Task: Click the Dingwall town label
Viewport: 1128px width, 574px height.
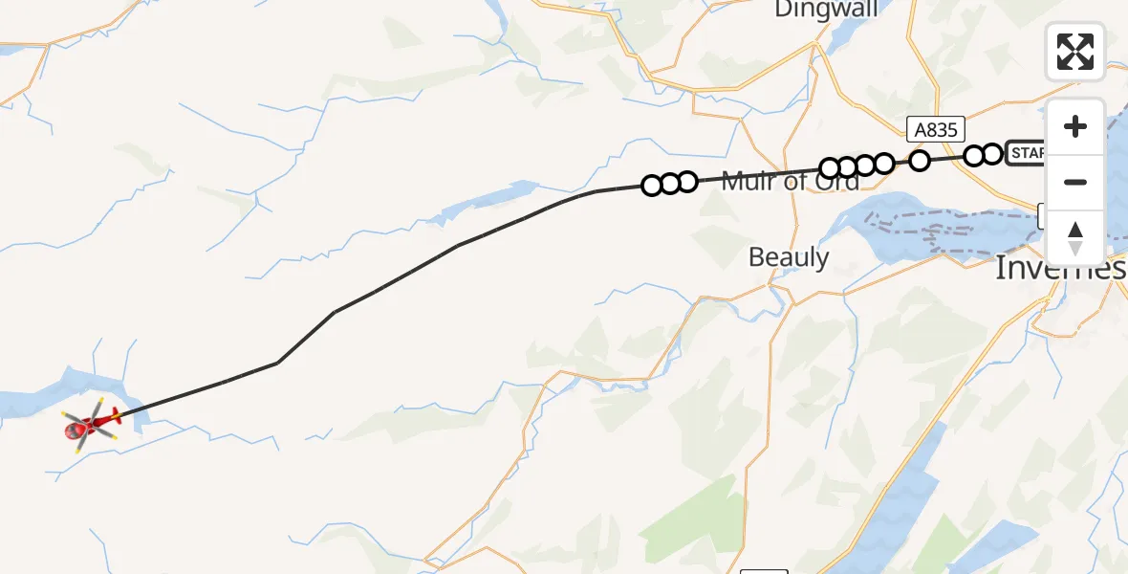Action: point(828,10)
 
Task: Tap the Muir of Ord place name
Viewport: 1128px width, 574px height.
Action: point(790,182)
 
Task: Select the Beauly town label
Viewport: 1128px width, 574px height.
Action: point(789,257)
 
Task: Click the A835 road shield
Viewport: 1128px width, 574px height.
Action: point(937,130)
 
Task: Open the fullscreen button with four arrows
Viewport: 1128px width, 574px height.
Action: point(1074,52)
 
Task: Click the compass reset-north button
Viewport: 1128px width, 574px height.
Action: point(1074,237)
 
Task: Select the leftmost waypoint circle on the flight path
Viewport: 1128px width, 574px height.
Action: point(652,186)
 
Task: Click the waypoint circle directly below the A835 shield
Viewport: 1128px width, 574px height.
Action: point(920,160)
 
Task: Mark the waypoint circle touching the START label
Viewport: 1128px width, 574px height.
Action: point(992,153)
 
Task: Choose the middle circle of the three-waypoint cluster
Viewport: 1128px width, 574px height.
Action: point(669,184)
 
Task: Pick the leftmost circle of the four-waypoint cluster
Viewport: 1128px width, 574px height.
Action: point(830,169)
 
